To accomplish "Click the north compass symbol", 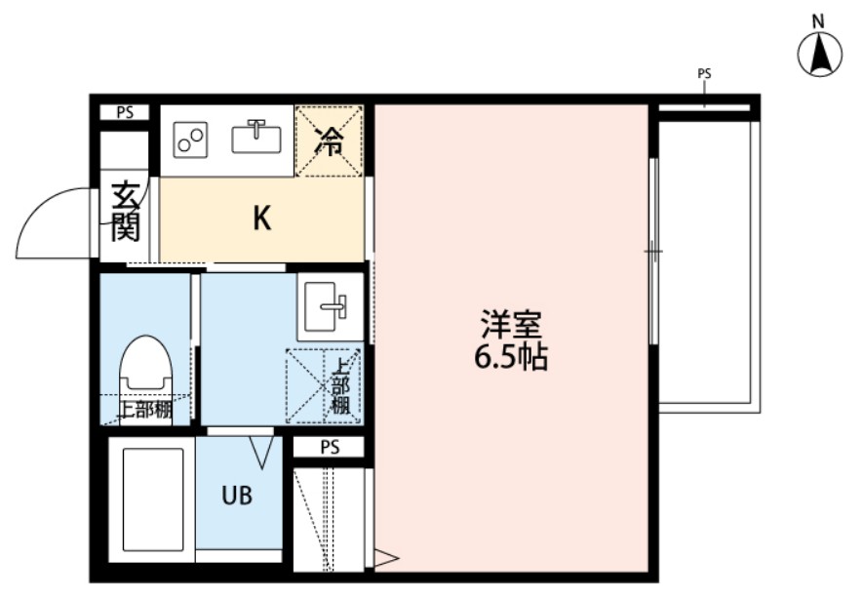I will tap(820, 55).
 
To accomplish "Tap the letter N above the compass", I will tap(819, 20).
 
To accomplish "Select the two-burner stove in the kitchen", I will tap(191, 140).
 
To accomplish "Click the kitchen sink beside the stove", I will tap(256, 138).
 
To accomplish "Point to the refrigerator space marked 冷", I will tap(329, 140).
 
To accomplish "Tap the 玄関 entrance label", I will tap(125, 213).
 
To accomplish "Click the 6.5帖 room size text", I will tap(510, 358).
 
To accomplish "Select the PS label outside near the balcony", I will tap(704, 73).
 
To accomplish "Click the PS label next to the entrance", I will tap(125, 112).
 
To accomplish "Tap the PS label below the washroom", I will tap(330, 448).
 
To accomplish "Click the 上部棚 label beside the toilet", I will tap(144, 411).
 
